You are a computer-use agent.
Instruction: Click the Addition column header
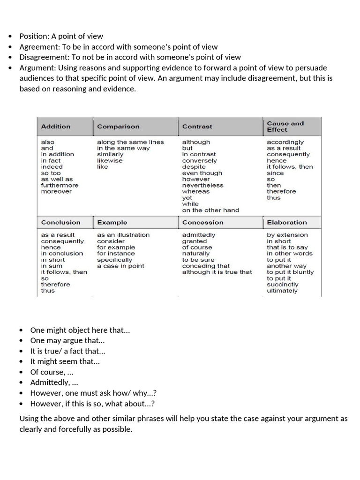[x=56, y=127]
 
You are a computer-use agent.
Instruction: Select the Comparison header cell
[x=118, y=127]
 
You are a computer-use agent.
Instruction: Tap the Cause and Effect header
[x=285, y=127]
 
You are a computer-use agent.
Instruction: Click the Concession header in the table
[x=203, y=223]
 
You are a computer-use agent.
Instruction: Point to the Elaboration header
[x=287, y=223]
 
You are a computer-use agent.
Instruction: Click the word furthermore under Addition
[x=60, y=186]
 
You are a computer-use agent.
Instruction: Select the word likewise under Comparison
[x=110, y=161]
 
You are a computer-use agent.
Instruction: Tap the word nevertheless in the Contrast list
[x=202, y=186]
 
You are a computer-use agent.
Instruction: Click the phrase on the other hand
[x=210, y=210]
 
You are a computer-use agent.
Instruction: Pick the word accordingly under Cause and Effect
[x=285, y=142]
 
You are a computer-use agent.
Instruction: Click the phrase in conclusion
[x=62, y=254]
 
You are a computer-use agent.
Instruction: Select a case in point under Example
[x=120, y=266]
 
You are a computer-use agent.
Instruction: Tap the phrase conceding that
[x=206, y=266]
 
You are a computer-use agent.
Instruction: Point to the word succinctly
[x=282, y=285]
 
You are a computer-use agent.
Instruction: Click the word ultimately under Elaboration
[x=282, y=291]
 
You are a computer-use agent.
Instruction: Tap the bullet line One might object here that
[x=80, y=330]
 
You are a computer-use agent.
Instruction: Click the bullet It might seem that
[x=65, y=361]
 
